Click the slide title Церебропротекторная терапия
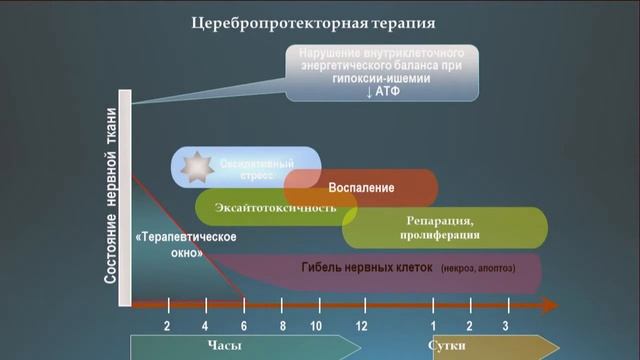pos(319,22)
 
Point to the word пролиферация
pos(444,236)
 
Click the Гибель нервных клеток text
pos(364,268)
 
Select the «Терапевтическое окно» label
pos(171,245)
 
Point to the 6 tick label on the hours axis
pos(244,327)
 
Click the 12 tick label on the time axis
pos(361,327)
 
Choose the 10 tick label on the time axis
pos(316,327)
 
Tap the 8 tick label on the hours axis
pos(283,327)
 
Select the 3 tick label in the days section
pos(505,327)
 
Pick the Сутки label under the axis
pos(446,346)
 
